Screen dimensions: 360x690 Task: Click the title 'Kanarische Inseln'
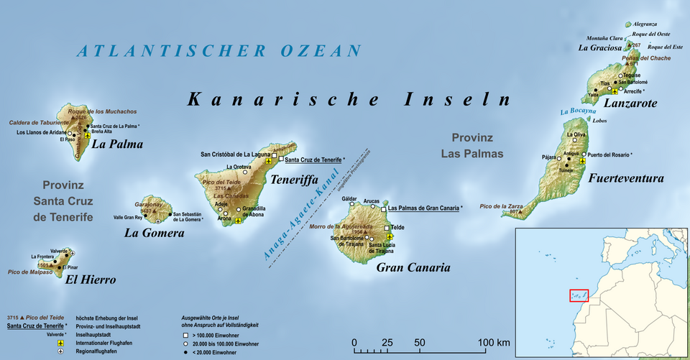tap(349, 99)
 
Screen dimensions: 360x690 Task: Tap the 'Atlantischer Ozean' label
tap(220, 51)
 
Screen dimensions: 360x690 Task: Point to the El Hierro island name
tap(90, 280)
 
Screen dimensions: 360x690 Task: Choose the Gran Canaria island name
tap(413, 267)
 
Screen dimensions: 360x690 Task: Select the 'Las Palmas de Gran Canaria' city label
tap(423, 208)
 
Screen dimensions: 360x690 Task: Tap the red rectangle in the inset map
tap(579, 295)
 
